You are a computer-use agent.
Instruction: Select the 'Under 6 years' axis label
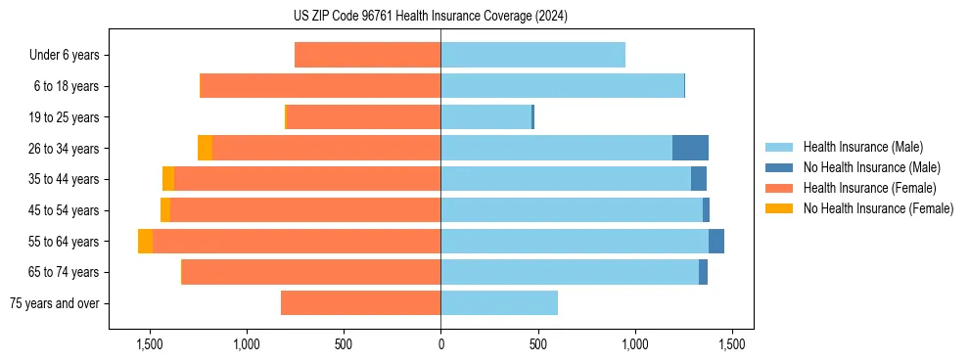coord(64,56)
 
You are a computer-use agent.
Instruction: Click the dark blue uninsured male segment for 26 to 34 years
coord(690,148)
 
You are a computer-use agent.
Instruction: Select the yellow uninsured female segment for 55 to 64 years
coord(145,241)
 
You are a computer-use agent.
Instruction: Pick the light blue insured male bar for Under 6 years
coord(532,56)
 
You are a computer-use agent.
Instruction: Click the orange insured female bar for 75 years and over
coord(360,303)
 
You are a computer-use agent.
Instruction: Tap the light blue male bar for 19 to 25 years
coord(485,117)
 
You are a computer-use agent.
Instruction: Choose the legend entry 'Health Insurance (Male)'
coord(862,147)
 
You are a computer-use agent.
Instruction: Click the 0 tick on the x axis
coord(440,344)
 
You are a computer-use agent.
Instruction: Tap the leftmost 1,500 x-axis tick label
coord(150,344)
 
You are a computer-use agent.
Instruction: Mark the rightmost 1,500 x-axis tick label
coord(731,344)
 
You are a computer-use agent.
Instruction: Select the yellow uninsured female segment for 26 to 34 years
coord(205,148)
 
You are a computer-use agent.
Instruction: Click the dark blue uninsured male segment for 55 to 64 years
coord(716,241)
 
